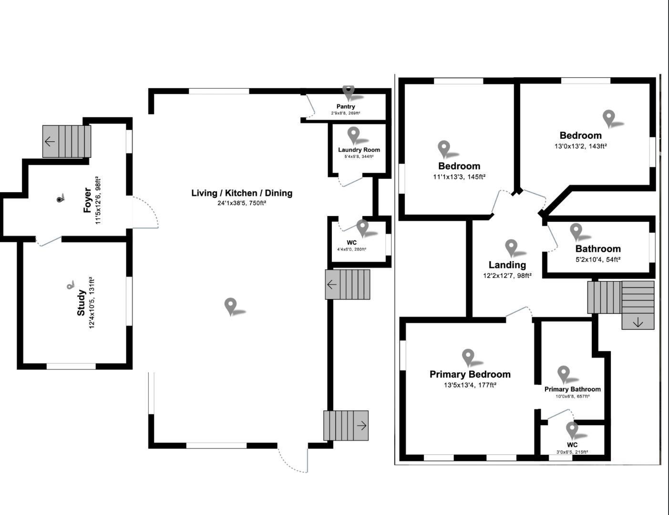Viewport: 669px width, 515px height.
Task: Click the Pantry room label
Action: click(x=346, y=106)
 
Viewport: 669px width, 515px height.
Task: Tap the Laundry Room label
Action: click(x=359, y=150)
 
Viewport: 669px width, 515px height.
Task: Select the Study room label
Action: click(x=82, y=303)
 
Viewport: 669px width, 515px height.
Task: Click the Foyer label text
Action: click(x=88, y=200)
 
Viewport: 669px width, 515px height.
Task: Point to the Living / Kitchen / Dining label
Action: click(x=242, y=193)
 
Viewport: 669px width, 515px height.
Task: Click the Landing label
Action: click(x=507, y=265)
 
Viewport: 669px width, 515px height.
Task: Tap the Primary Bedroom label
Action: click(x=470, y=374)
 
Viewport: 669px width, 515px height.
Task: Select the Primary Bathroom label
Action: click(x=572, y=389)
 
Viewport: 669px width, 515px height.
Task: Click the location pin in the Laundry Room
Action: click(x=353, y=135)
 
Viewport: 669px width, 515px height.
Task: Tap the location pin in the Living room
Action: click(x=231, y=306)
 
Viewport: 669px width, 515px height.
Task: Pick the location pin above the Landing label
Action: click(x=511, y=247)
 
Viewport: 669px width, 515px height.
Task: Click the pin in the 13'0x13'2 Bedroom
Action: click(x=608, y=118)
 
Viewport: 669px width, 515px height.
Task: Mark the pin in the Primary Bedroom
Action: click(x=468, y=357)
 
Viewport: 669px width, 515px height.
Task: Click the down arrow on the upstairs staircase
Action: click(x=638, y=323)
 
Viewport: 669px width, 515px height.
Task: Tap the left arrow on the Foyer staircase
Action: click(x=50, y=141)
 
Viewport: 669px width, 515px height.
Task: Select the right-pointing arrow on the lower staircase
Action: click(x=362, y=425)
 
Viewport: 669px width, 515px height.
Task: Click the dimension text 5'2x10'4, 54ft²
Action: click(x=597, y=260)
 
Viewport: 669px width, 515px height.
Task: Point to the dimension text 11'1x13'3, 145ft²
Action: click(x=459, y=177)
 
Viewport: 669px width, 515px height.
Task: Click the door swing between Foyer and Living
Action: click(x=145, y=213)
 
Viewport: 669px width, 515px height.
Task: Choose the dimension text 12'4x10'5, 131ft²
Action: click(x=92, y=303)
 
